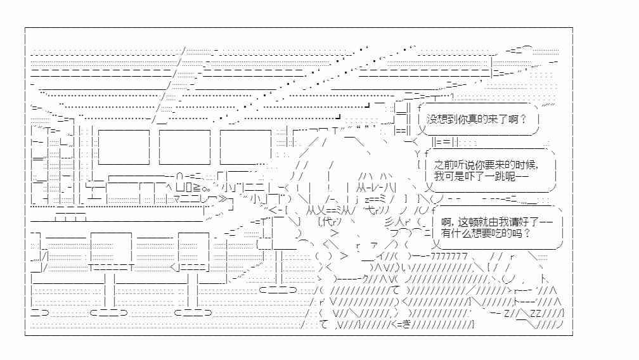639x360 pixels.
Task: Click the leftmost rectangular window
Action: (x=124, y=147)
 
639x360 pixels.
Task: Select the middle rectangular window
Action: (x=184, y=147)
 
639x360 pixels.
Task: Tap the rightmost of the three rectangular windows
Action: (x=246, y=147)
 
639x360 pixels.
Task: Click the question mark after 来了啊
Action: (x=523, y=119)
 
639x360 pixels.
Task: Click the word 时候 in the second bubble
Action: (x=526, y=165)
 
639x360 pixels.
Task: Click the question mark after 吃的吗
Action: (x=527, y=233)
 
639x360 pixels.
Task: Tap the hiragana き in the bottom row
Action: (x=406, y=325)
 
